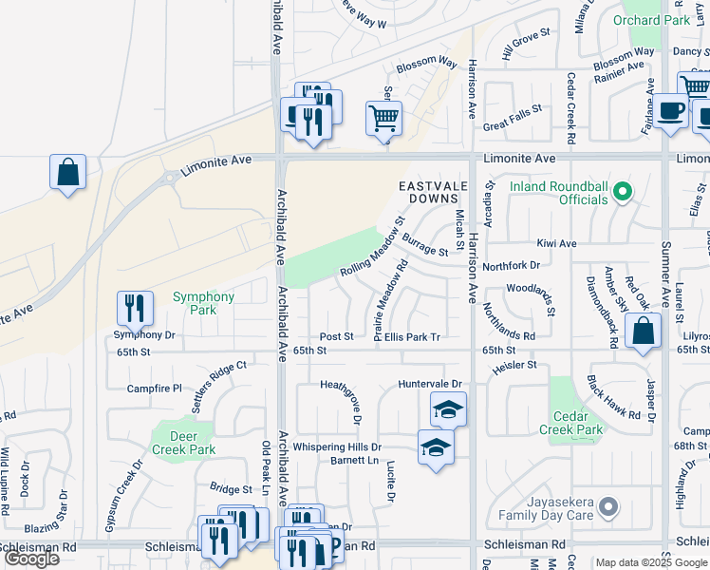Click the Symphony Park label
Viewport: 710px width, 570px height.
(203, 303)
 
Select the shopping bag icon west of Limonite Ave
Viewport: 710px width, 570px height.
(68, 173)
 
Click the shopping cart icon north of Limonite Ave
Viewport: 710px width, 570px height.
(383, 120)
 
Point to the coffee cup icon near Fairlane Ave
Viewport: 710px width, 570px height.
(670, 110)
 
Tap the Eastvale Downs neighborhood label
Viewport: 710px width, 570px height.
(435, 192)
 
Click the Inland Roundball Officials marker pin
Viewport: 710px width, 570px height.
(622, 193)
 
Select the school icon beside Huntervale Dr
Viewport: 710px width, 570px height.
(448, 409)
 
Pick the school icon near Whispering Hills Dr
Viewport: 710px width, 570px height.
(436, 446)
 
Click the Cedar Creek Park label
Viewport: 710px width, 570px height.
(577, 423)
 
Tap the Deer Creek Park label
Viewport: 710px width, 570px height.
(185, 443)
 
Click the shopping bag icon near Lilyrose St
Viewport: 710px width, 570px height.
(643, 332)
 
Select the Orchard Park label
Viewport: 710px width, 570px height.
(663, 20)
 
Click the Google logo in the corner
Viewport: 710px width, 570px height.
(32, 559)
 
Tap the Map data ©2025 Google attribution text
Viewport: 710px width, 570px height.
(651, 562)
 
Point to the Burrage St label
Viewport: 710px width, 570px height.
(424, 244)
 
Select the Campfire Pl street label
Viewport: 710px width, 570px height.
(154, 389)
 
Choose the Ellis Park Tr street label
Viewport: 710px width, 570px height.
(413, 337)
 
